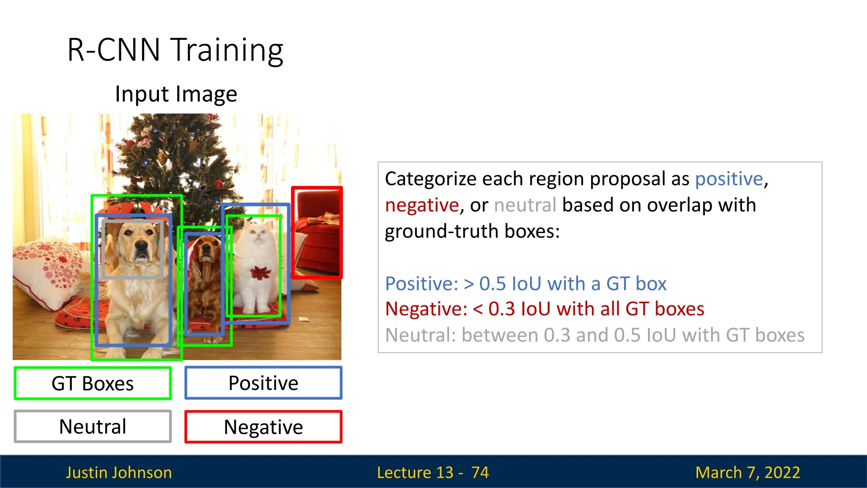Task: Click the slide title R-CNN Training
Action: pos(175,50)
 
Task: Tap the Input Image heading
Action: pos(176,94)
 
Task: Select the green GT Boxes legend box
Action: pos(93,383)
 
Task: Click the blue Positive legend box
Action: pos(263,383)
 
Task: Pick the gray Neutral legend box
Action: pos(93,427)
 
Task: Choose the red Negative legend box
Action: pos(263,427)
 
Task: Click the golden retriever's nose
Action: pos(141,246)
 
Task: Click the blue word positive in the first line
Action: pos(729,179)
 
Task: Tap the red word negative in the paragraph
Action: pos(422,205)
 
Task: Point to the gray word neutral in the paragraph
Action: pos(525,205)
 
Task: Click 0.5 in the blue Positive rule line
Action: pos(492,284)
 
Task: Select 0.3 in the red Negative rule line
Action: pos(501,309)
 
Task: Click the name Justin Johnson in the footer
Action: pos(119,472)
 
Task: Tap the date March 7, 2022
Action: pos(748,472)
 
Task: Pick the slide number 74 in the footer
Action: pos(480,472)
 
